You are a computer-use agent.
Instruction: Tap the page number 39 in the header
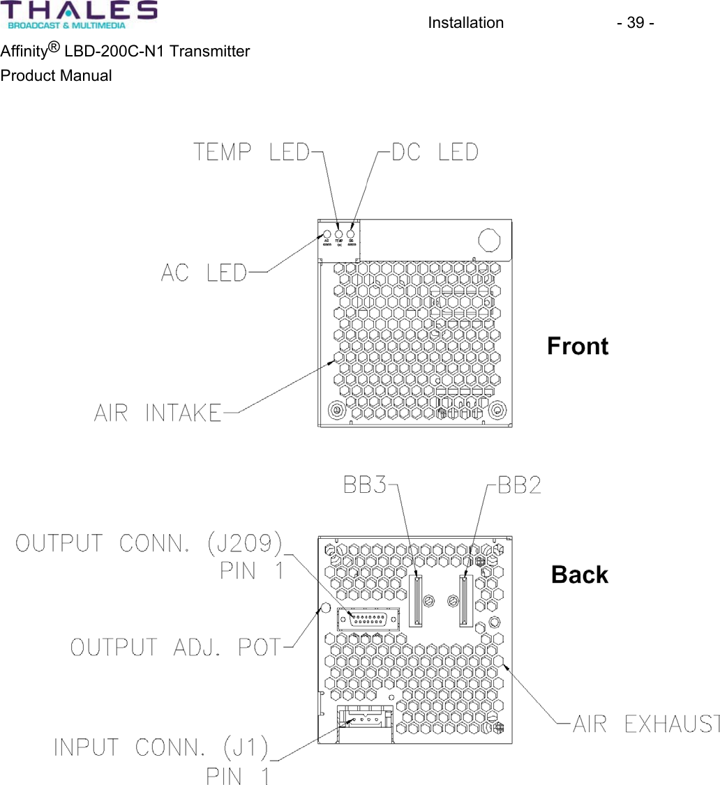coord(635,23)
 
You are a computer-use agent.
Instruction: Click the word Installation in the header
coord(465,23)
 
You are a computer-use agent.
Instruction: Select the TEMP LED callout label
coord(250,152)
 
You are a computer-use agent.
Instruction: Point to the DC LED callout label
coord(435,152)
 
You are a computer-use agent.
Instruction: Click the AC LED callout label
coord(204,273)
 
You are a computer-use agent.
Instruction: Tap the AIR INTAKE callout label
coord(158,413)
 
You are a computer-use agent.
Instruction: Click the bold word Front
coord(578,346)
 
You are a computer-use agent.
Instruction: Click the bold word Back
coord(579,575)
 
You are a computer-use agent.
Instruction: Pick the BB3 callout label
coord(365,486)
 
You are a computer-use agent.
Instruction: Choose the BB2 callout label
coord(519,486)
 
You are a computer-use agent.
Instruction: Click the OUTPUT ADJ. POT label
coord(176,647)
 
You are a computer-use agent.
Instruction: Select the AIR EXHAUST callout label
coord(645,724)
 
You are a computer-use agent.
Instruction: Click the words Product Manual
coord(56,76)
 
